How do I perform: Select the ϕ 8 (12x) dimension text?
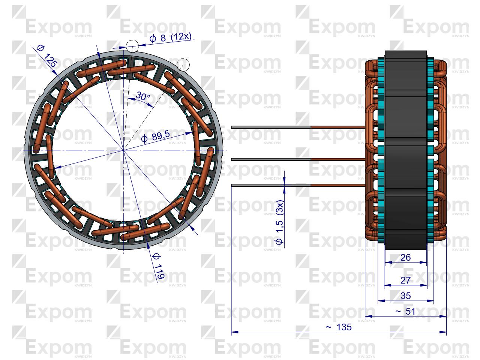coord(170,37)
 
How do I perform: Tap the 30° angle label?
coord(142,96)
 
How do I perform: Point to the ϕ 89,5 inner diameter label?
coord(155,137)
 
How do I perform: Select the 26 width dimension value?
coord(406,258)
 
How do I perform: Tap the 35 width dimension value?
coord(406,296)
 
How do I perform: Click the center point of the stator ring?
coord(123,150)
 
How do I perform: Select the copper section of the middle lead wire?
coord(337,159)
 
